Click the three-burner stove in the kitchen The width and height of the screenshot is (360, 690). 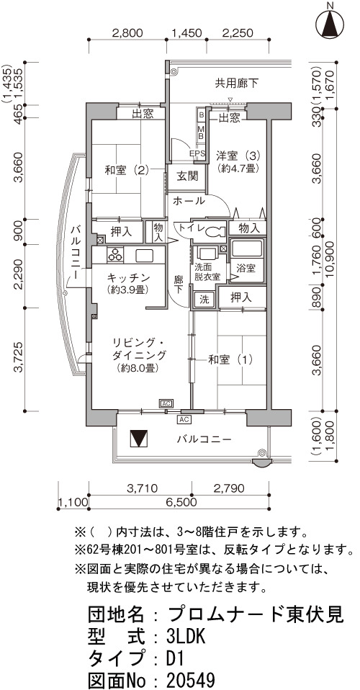click(116, 255)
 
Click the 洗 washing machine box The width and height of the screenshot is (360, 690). click(204, 298)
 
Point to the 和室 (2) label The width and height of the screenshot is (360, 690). click(128, 170)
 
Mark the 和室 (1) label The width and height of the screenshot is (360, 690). click(230, 360)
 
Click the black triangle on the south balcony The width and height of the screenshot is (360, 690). click(140, 439)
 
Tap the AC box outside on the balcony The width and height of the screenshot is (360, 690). click(184, 419)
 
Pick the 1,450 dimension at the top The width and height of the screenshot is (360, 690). click(186, 32)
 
